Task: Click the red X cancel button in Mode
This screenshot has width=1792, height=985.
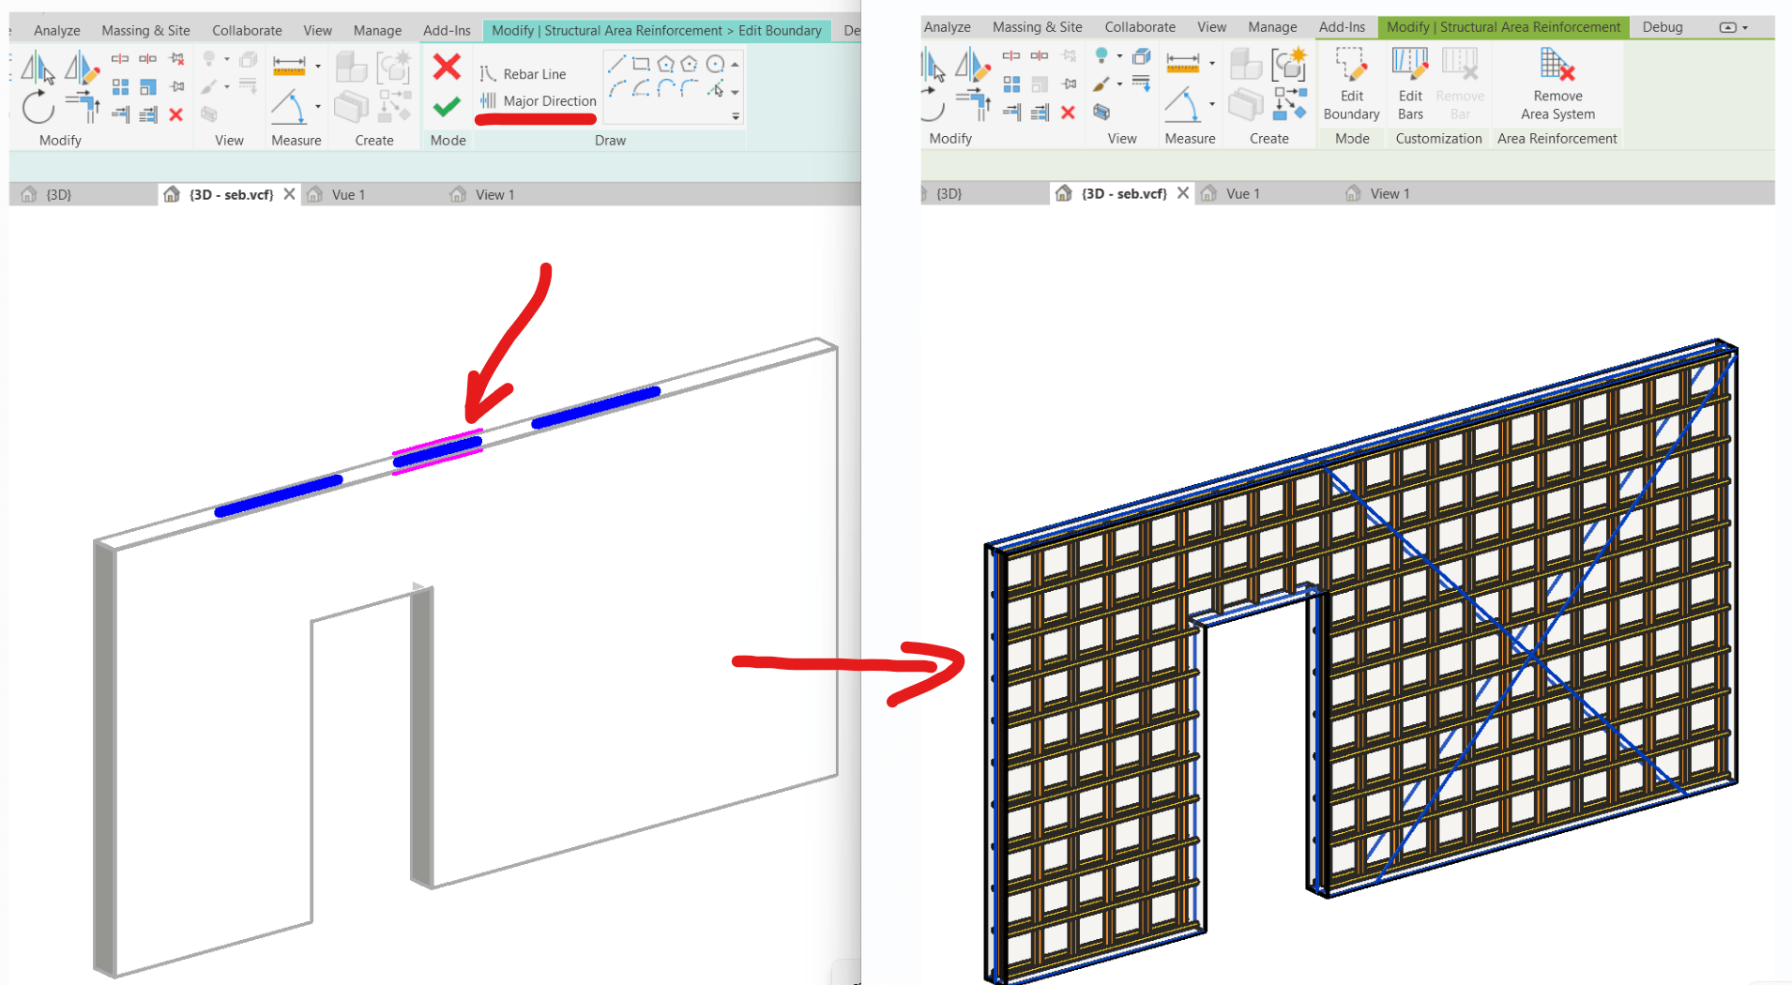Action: pyautogui.click(x=447, y=67)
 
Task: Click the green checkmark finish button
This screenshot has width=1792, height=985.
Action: pyautogui.click(x=447, y=107)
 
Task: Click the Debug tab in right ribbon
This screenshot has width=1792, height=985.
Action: pyautogui.click(x=1662, y=27)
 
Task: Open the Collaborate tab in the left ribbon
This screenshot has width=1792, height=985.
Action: pyautogui.click(x=247, y=30)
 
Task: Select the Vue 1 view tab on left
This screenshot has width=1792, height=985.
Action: pyautogui.click(x=347, y=194)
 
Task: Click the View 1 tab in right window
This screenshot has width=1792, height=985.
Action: pyautogui.click(x=1389, y=193)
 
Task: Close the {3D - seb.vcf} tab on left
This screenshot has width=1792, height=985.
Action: pyautogui.click(x=289, y=194)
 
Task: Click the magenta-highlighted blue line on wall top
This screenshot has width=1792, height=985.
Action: pyautogui.click(x=437, y=451)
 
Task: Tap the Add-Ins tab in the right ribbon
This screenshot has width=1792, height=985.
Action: pyautogui.click(x=1342, y=27)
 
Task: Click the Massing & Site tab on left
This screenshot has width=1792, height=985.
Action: pyautogui.click(x=145, y=30)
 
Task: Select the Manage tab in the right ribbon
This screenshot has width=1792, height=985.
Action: pyautogui.click(x=1272, y=27)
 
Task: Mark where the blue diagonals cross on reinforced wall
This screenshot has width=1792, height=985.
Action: pyautogui.click(x=1530, y=653)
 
